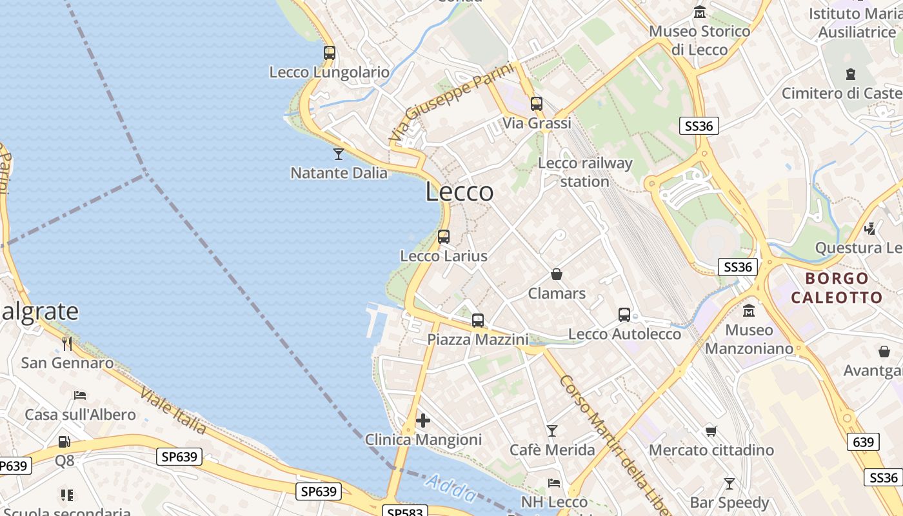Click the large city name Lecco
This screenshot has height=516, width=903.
[459, 192]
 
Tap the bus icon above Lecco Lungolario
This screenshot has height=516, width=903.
[330, 53]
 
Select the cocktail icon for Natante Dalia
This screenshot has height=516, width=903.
[338, 154]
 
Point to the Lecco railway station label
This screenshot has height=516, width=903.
[584, 172]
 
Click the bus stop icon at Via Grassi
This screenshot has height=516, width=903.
[537, 103]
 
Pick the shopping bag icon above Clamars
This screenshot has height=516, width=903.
[557, 274]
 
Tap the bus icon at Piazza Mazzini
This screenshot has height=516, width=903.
[478, 320]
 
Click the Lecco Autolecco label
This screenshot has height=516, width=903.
[624, 334]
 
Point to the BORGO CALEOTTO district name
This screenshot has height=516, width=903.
[837, 288]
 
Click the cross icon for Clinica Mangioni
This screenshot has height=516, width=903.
[423, 421]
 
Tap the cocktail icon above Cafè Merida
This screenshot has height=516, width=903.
[552, 430]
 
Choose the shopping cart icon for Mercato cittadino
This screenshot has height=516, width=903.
[711, 430]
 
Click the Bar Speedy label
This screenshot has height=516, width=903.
[729, 502]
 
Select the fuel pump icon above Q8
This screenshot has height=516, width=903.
[64, 442]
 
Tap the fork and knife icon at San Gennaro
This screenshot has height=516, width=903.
[67, 343]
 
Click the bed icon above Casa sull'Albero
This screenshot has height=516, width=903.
[80, 395]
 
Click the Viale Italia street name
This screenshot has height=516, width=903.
[173, 412]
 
